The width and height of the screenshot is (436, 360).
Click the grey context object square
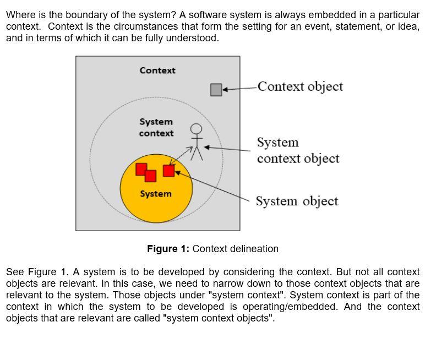pos(216,90)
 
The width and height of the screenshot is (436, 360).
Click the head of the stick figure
pos(196,129)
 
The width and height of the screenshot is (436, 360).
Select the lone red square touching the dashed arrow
pos(169,171)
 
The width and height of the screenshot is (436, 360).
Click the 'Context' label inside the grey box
pos(157,70)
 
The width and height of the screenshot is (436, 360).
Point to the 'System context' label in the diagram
pos(156,127)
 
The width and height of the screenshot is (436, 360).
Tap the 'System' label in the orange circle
pos(156,194)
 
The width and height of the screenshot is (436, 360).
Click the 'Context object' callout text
pos(300,86)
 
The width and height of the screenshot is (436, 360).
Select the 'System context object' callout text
pos(298,150)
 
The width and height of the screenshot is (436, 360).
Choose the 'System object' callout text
pos(297,201)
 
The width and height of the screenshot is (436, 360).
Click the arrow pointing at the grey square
pos(239,88)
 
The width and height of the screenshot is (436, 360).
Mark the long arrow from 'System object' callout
pos(215,185)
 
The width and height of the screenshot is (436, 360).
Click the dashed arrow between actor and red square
pos(181,155)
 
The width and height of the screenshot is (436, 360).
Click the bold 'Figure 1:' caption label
pos(168,249)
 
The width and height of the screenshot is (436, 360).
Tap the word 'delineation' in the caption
pos(253,249)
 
